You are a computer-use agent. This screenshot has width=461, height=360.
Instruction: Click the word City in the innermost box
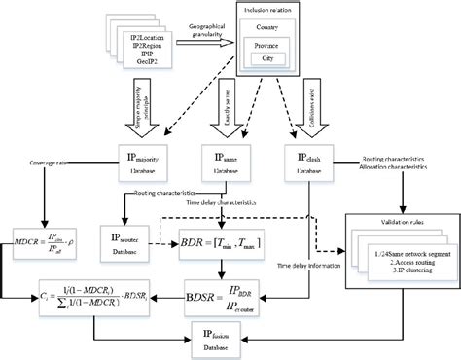click(x=267, y=58)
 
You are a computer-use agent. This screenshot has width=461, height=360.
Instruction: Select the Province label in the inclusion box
click(x=267, y=46)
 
